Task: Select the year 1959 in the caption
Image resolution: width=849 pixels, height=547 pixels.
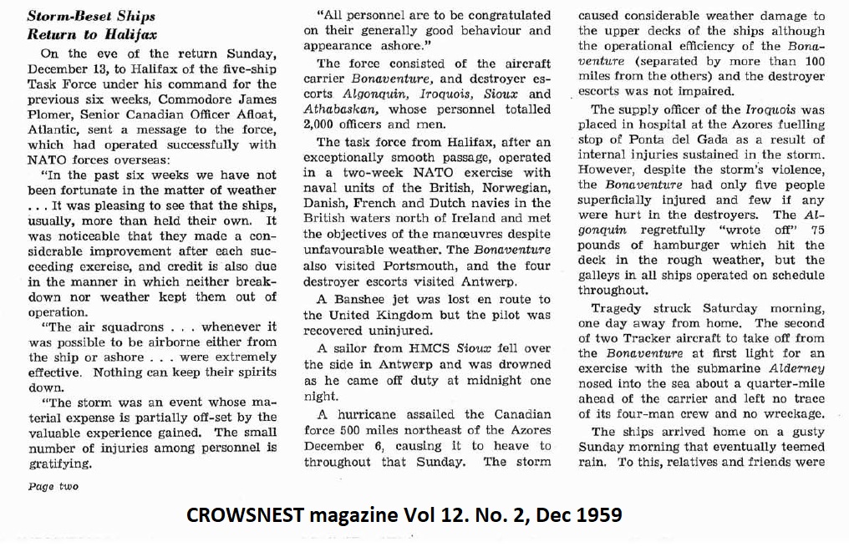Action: (x=600, y=514)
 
